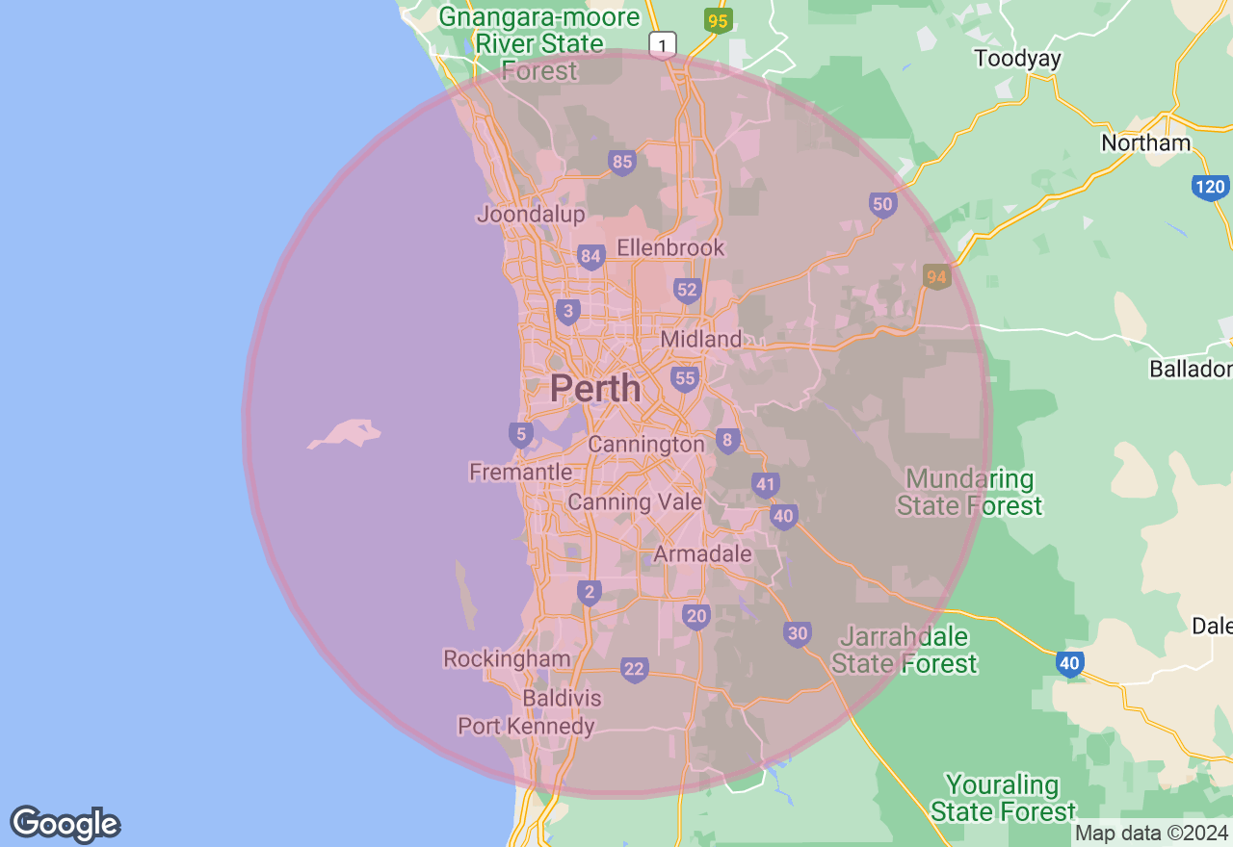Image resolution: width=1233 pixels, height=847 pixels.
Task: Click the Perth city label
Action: coord(595,388)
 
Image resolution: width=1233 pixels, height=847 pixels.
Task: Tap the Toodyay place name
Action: coord(1017,59)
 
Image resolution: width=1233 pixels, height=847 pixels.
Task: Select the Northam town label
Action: coord(1146,143)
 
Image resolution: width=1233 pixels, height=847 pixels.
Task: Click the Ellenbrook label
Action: coord(670,247)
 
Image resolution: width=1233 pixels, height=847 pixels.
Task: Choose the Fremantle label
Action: coord(520,472)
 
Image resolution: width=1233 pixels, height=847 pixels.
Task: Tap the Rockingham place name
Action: coord(507,659)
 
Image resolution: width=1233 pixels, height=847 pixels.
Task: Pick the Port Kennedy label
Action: coord(526,726)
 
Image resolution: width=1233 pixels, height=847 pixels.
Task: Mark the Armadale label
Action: coord(702,553)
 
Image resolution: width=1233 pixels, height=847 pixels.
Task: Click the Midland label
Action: coord(701,339)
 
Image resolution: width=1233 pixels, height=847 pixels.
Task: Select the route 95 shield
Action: coord(718,20)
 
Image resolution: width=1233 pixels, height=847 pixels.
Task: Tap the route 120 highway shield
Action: coord(1210,186)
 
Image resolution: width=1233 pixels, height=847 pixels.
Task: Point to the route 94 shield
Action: coord(936,277)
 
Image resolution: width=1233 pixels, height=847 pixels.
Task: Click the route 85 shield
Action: coord(622,162)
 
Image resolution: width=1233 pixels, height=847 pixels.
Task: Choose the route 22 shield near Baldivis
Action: coord(634,669)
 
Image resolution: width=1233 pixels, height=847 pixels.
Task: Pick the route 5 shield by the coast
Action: coord(521,434)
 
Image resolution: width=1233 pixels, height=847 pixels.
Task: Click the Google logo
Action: coord(65,824)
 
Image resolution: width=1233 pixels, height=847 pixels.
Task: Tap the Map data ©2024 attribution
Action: coord(1151,833)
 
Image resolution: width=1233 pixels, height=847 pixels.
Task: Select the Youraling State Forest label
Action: coord(1002,798)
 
